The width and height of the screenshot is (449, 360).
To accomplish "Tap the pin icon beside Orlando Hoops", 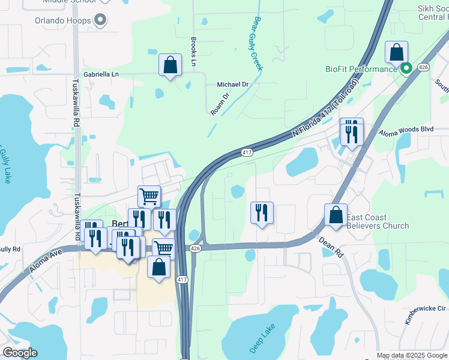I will [x=100, y=21].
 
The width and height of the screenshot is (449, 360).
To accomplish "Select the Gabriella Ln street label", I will [x=101, y=74].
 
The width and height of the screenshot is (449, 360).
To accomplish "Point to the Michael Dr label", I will [x=232, y=85].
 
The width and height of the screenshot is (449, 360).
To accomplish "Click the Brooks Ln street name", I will [x=194, y=52].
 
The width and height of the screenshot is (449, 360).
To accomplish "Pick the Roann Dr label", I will [x=220, y=103].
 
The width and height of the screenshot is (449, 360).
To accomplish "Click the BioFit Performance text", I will [x=361, y=69].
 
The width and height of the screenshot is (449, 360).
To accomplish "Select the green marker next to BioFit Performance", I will [x=406, y=68].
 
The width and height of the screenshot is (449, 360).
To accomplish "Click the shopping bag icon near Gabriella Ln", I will [x=170, y=65].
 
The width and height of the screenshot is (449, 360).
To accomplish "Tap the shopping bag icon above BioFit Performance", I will [x=397, y=52].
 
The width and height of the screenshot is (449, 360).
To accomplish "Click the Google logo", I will [x=20, y=353].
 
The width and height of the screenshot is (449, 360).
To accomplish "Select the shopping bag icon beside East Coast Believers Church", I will [x=336, y=215].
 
